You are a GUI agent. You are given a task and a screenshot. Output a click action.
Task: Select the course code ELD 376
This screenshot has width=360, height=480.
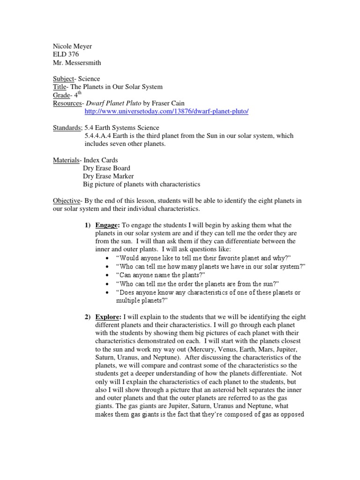(65, 54)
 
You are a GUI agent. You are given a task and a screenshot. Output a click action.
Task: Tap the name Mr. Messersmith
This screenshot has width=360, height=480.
(76, 62)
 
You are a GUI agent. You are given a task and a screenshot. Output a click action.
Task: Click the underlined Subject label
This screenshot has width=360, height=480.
(63, 79)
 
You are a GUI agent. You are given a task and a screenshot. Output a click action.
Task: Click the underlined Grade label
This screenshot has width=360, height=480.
(61, 95)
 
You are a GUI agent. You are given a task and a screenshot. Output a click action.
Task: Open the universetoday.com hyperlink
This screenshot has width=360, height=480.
(166, 111)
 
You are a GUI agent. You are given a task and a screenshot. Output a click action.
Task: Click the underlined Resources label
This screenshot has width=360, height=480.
(67, 103)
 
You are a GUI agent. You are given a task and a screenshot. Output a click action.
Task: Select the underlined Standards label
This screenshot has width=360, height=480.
(67, 127)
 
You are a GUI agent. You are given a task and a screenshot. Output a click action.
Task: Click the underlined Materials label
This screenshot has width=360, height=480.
(66, 160)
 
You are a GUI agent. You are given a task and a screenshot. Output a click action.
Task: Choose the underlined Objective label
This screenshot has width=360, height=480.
(66, 201)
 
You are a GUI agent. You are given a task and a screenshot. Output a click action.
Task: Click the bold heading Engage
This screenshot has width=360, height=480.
(107, 225)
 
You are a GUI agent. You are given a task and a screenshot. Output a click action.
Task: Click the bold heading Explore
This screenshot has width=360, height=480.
(108, 317)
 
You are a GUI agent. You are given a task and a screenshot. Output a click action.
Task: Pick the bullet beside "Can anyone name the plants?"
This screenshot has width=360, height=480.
(108, 275)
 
